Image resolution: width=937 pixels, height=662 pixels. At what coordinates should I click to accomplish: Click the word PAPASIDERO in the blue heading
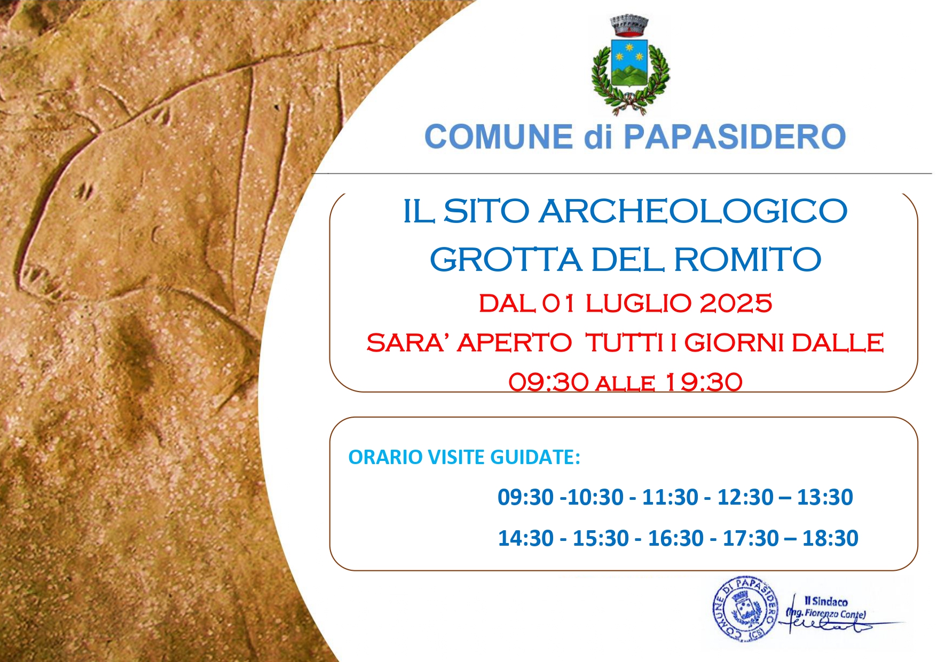[735, 137]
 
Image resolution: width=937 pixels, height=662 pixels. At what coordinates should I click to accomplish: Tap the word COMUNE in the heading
[499, 137]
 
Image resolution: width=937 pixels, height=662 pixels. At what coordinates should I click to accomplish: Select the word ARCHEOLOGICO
[693, 211]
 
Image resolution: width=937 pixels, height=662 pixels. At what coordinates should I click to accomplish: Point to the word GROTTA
[506, 260]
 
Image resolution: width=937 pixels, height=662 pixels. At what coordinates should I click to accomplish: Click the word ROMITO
[747, 260]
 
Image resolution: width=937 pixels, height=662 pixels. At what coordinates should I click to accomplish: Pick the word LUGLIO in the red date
[639, 304]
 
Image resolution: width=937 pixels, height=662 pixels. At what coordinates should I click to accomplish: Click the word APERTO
[514, 342]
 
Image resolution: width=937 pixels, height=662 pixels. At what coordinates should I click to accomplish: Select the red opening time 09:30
[548, 382]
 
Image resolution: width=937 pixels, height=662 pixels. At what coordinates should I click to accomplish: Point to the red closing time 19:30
[704, 382]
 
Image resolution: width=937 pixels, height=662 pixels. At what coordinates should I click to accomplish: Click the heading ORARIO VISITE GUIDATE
[464, 457]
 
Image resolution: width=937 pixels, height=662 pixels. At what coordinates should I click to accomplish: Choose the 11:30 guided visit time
[670, 497]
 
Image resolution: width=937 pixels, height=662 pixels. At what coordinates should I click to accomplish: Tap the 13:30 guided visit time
[825, 497]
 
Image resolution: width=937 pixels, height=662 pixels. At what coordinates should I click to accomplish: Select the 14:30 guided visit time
[526, 538]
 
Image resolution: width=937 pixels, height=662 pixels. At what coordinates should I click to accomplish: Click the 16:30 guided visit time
[676, 538]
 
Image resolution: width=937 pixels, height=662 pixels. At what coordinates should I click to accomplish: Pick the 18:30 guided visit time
[830, 538]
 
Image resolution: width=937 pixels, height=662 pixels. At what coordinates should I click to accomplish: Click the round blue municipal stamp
[744, 609]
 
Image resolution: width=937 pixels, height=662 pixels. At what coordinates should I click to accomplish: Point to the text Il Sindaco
[826, 601]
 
